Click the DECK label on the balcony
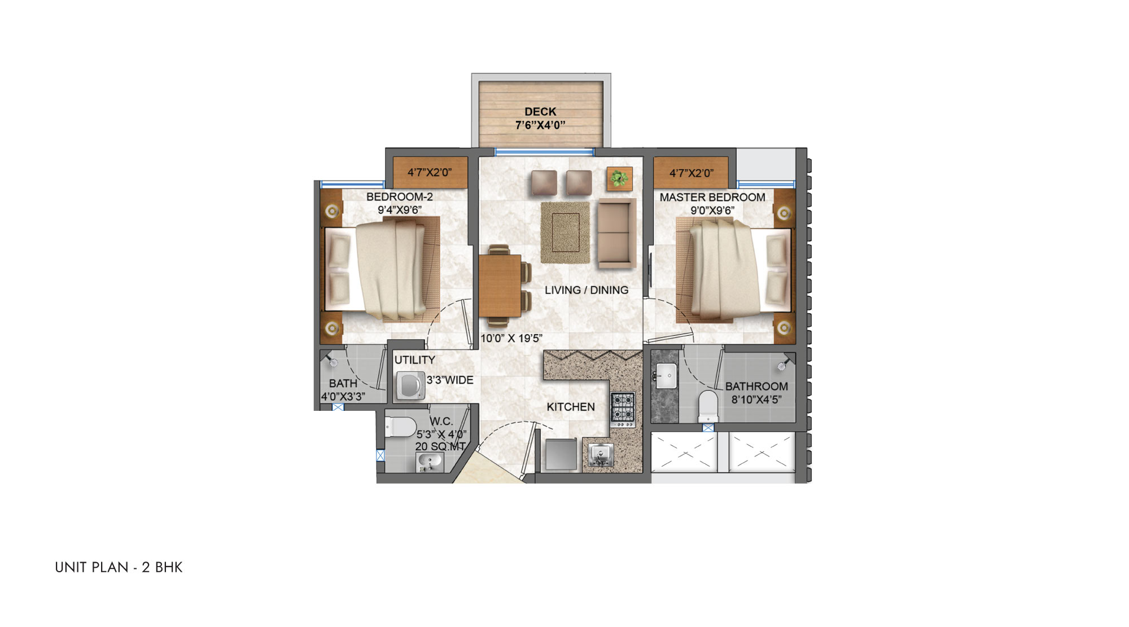(540, 112)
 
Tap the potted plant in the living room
(619, 179)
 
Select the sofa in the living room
(616, 233)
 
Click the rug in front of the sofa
(565, 232)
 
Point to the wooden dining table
(500, 285)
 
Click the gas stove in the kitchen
(623, 409)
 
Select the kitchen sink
(601, 455)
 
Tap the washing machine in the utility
(410, 386)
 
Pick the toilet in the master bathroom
(708, 406)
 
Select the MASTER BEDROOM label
(712, 198)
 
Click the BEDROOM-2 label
(400, 197)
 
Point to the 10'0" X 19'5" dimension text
(511, 339)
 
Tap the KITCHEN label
(571, 407)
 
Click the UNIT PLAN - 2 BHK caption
(119, 567)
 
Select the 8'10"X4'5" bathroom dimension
(756, 400)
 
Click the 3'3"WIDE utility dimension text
(450, 380)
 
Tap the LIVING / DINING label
(587, 290)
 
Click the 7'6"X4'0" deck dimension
(540, 125)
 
